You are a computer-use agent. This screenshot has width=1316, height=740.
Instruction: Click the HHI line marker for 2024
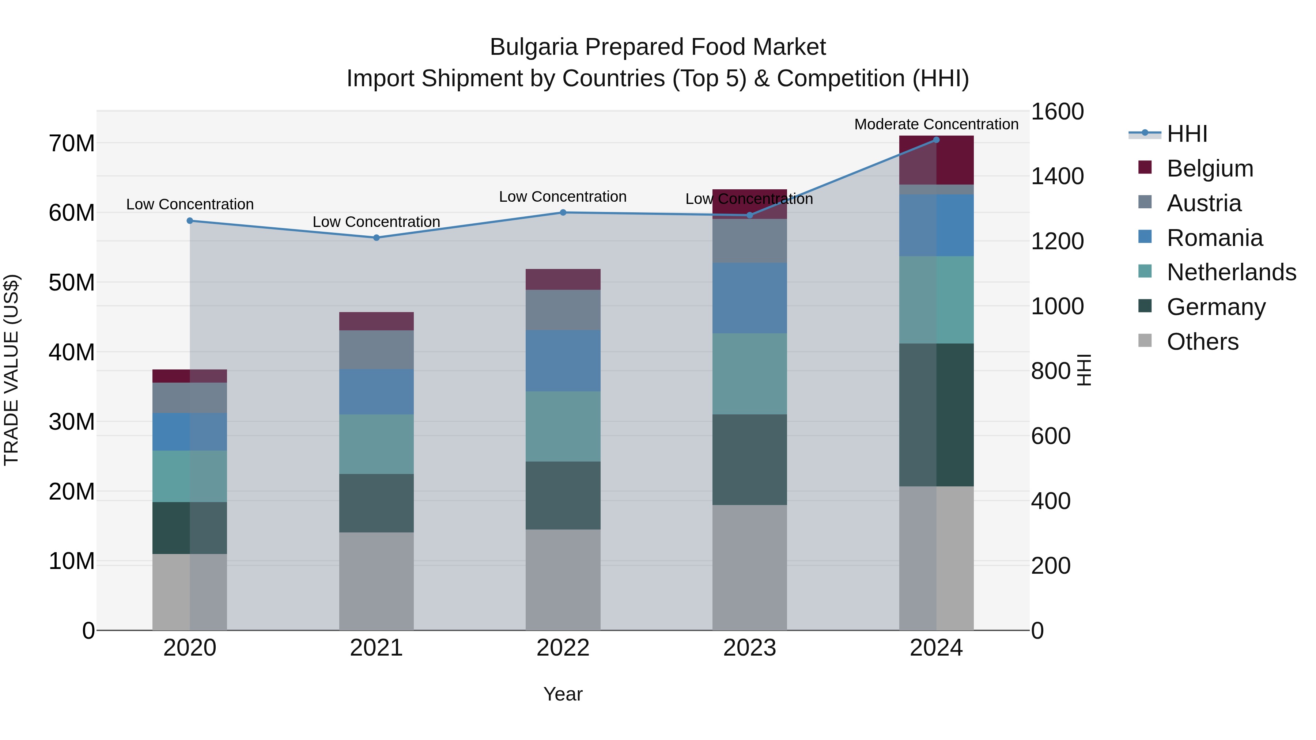936,140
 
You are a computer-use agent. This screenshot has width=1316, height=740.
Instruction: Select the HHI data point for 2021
377,238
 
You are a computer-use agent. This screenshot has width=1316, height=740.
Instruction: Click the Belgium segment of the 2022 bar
563,279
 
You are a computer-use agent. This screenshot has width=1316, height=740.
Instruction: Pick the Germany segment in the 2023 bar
749,460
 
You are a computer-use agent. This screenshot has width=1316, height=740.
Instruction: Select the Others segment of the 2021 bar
377,581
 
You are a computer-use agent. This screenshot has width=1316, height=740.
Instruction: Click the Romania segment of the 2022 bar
563,361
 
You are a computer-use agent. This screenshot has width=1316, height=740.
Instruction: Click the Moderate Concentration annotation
936,124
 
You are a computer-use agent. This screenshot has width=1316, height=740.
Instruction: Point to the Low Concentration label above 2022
563,197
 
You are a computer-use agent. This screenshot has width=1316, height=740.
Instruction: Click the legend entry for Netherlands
1231,272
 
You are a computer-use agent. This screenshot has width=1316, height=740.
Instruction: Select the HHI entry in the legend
1187,134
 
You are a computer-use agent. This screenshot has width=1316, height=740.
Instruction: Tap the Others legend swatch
1145,341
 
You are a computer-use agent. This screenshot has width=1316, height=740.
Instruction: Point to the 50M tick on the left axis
72,282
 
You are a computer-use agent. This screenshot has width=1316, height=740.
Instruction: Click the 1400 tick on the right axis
1057,176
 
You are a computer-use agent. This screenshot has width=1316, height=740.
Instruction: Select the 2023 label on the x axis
749,648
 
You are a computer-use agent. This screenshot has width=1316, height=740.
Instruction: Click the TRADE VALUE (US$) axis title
11,370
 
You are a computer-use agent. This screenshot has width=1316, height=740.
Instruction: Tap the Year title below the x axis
563,694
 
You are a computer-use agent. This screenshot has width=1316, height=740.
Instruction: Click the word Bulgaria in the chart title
534,47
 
